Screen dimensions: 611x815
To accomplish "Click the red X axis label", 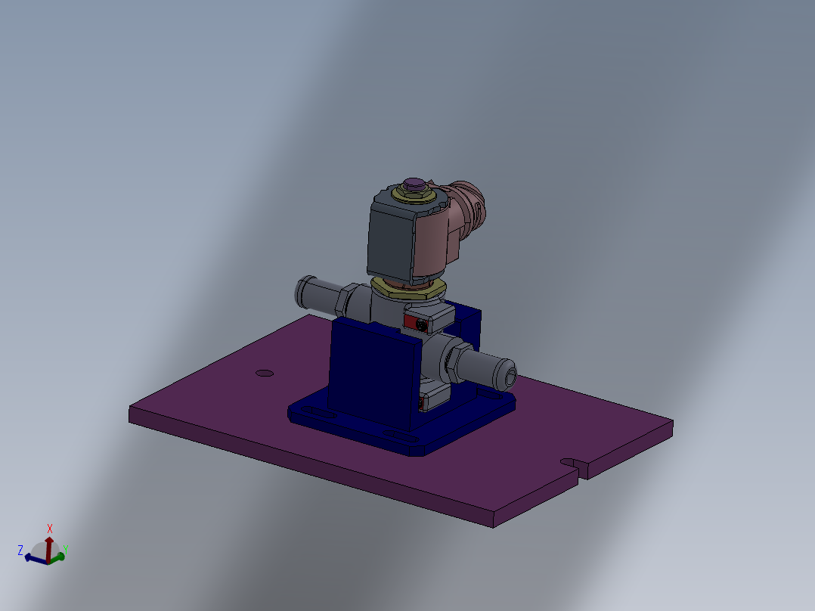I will pos(50,528).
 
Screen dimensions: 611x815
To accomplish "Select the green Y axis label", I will pos(67,548).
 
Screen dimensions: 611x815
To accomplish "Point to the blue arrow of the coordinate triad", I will pos(34,559).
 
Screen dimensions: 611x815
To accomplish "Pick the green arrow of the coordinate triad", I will pos(58,557).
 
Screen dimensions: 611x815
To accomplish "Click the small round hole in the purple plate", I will pos(264,373).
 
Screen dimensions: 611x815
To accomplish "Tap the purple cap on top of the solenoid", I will pos(414,183).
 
